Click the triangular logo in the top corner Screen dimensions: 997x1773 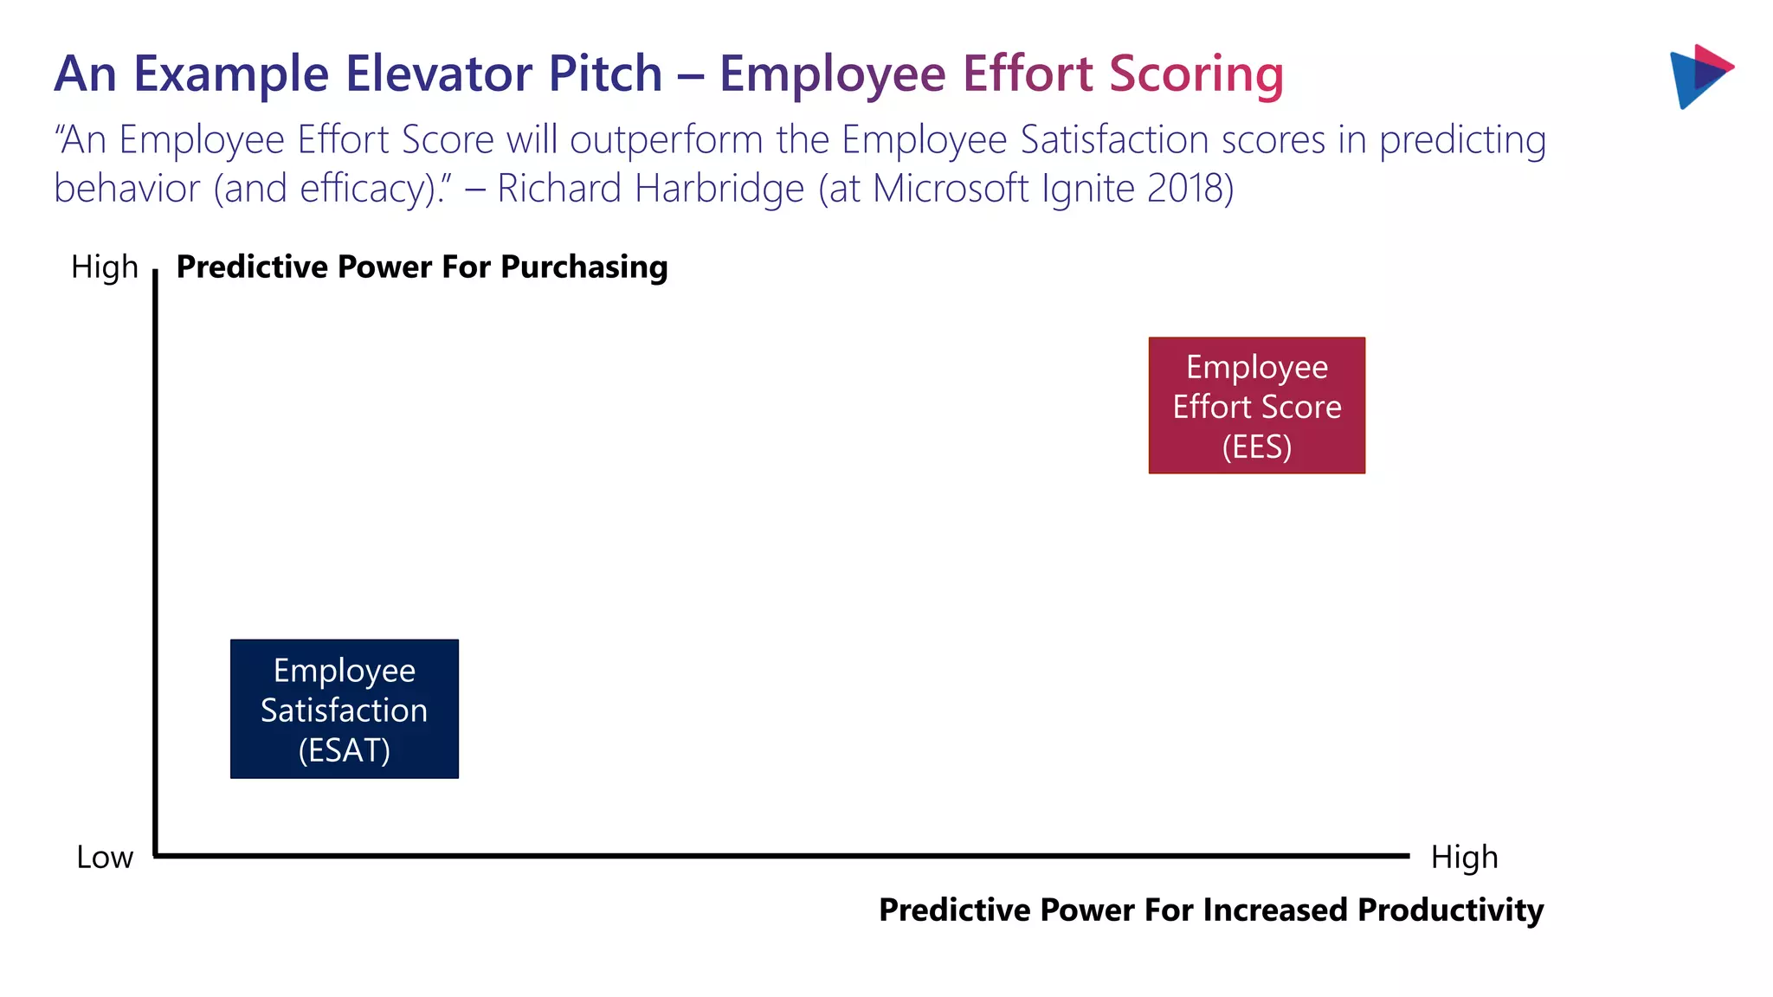point(1699,76)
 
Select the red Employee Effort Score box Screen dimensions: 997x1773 point(1256,405)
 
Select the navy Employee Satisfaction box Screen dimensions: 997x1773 point(344,709)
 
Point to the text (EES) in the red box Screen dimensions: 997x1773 point(1256,447)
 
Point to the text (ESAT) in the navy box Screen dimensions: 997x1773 point(344,749)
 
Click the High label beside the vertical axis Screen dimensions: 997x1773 point(104,267)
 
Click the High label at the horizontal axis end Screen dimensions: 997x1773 point(1464,857)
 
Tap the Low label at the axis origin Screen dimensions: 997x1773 point(104,857)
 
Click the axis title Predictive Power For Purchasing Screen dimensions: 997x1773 point(422,267)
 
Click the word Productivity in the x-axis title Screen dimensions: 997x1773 point(1450,910)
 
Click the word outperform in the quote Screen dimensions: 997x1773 point(666,140)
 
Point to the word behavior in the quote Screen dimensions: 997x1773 point(126,189)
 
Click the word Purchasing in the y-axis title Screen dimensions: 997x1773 point(583,267)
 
